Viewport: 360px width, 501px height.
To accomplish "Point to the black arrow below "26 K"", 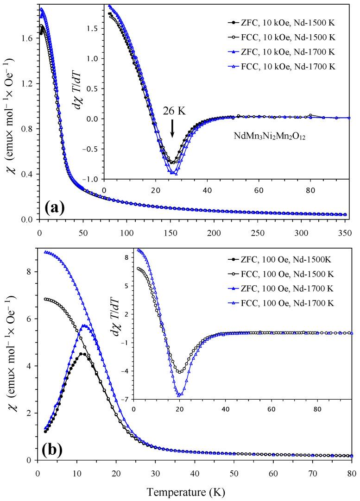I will (x=172, y=128).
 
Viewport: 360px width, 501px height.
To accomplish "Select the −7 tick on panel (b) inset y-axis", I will (x=126, y=399).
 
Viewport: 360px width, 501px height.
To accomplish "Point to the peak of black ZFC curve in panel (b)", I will (x=82, y=354).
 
